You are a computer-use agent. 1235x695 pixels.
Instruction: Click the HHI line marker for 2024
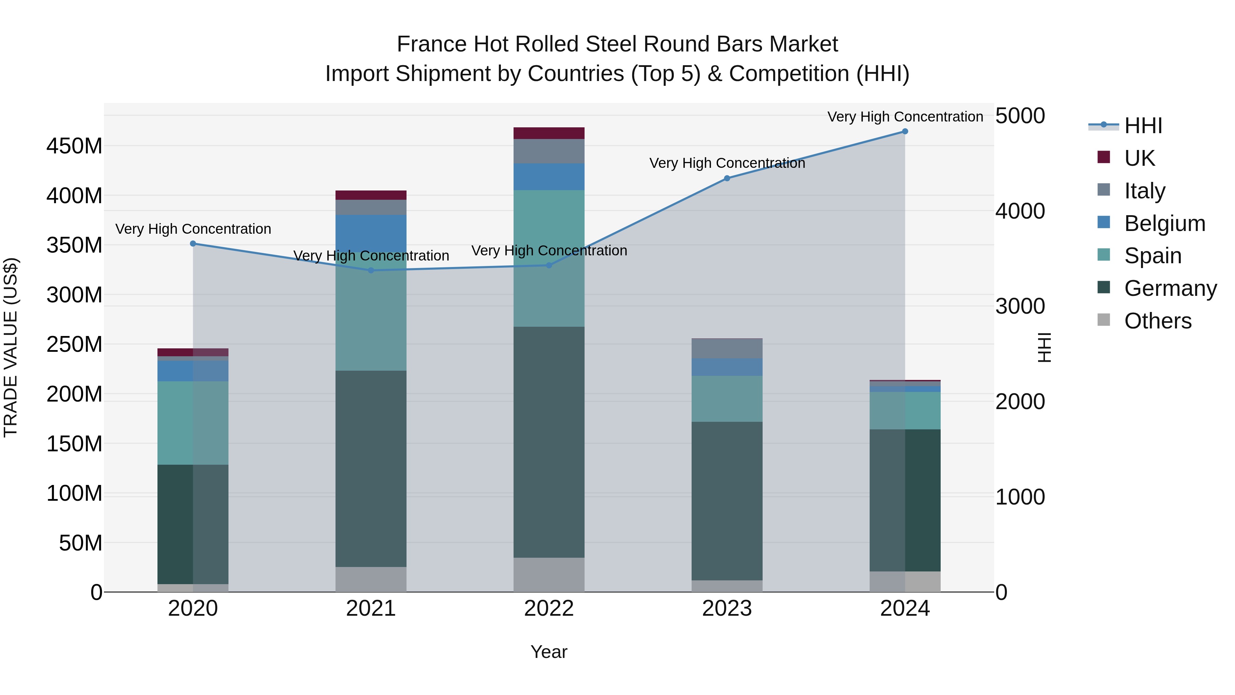905,131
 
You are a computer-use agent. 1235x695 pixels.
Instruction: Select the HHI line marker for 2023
727,178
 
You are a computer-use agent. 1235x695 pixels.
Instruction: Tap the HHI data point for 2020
193,244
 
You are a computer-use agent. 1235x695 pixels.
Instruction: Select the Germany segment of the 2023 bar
727,501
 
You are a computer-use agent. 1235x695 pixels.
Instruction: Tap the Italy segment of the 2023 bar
727,349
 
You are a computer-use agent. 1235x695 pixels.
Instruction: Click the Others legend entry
1157,321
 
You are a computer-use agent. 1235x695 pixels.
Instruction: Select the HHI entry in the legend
1143,126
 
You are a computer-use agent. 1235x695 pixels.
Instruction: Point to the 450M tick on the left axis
74,146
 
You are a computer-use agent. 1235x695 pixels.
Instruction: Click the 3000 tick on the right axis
1020,306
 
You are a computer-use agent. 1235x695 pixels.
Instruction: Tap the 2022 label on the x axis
549,609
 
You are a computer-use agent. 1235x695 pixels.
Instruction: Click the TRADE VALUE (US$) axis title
11,347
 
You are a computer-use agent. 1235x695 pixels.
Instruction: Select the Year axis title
549,652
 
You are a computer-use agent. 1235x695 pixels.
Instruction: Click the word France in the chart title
432,44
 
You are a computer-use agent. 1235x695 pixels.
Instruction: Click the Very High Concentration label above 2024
905,117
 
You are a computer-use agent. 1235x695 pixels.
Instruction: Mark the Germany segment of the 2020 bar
193,524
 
